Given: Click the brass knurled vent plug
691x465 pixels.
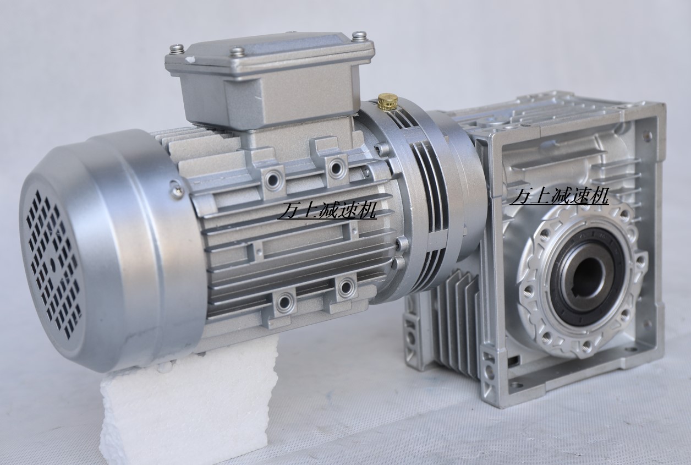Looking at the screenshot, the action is pos(387,101).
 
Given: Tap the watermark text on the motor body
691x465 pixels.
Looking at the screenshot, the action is pos(327,210).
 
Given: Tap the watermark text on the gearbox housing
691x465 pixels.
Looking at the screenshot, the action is pos(559,196).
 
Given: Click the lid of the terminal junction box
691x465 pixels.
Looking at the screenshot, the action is pos(270,56).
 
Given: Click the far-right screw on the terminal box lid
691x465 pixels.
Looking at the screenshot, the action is pos(359,35).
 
